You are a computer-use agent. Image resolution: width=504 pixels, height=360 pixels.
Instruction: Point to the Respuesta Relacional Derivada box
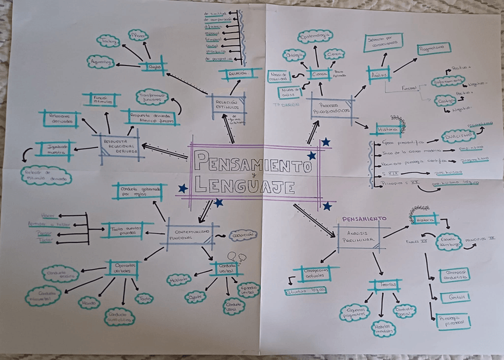click(118, 146)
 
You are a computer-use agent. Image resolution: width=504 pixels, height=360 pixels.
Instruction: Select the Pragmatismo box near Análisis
click(434, 48)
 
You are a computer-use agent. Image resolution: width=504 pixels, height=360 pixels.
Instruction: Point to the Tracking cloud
click(108, 41)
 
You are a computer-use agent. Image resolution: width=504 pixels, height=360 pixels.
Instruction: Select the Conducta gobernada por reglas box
click(137, 191)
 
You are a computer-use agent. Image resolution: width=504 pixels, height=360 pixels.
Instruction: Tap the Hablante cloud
click(179, 279)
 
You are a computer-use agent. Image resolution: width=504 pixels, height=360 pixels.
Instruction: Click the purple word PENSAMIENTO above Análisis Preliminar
click(364, 218)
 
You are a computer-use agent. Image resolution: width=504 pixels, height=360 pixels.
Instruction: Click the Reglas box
click(154, 67)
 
